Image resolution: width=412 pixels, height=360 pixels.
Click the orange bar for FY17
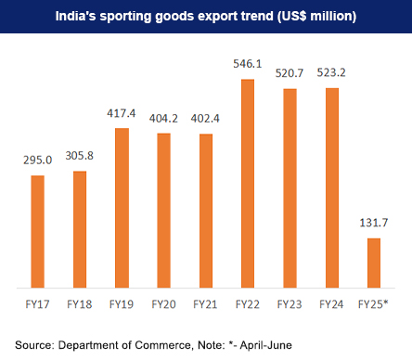(x=37, y=232)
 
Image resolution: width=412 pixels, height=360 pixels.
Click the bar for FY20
(x=163, y=211)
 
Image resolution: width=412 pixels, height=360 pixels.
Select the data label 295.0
(x=37, y=161)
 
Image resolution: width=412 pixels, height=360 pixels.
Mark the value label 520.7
(x=290, y=76)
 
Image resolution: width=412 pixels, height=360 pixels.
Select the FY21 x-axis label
(x=205, y=302)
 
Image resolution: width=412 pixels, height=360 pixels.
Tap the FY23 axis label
(x=290, y=302)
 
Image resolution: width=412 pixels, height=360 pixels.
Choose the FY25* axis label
(x=373, y=302)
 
